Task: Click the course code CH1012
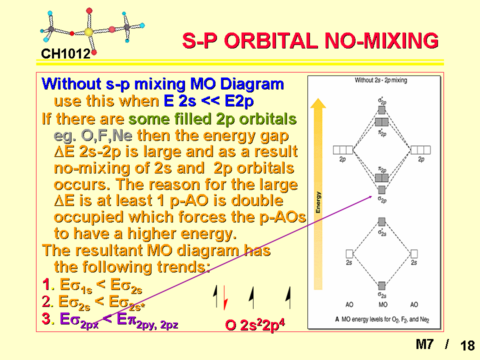(x=66, y=54)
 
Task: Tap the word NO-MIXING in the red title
(x=381, y=40)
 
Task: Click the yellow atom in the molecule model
(x=88, y=32)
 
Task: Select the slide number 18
(x=467, y=346)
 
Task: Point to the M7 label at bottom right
(x=424, y=344)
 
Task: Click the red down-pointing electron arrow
(x=225, y=297)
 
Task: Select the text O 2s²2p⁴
(x=255, y=325)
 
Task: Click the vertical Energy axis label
(x=318, y=202)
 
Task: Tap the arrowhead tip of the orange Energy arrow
(x=318, y=98)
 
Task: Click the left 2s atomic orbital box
(x=349, y=254)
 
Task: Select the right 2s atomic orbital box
(x=414, y=254)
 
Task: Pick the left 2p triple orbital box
(x=343, y=150)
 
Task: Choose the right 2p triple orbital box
(x=420, y=150)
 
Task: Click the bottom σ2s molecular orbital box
(x=381, y=285)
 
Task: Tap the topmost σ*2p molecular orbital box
(x=381, y=110)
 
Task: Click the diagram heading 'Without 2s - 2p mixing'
(x=381, y=80)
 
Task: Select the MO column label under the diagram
(x=383, y=304)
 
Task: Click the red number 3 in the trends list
(x=46, y=318)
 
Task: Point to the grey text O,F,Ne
(x=106, y=135)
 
